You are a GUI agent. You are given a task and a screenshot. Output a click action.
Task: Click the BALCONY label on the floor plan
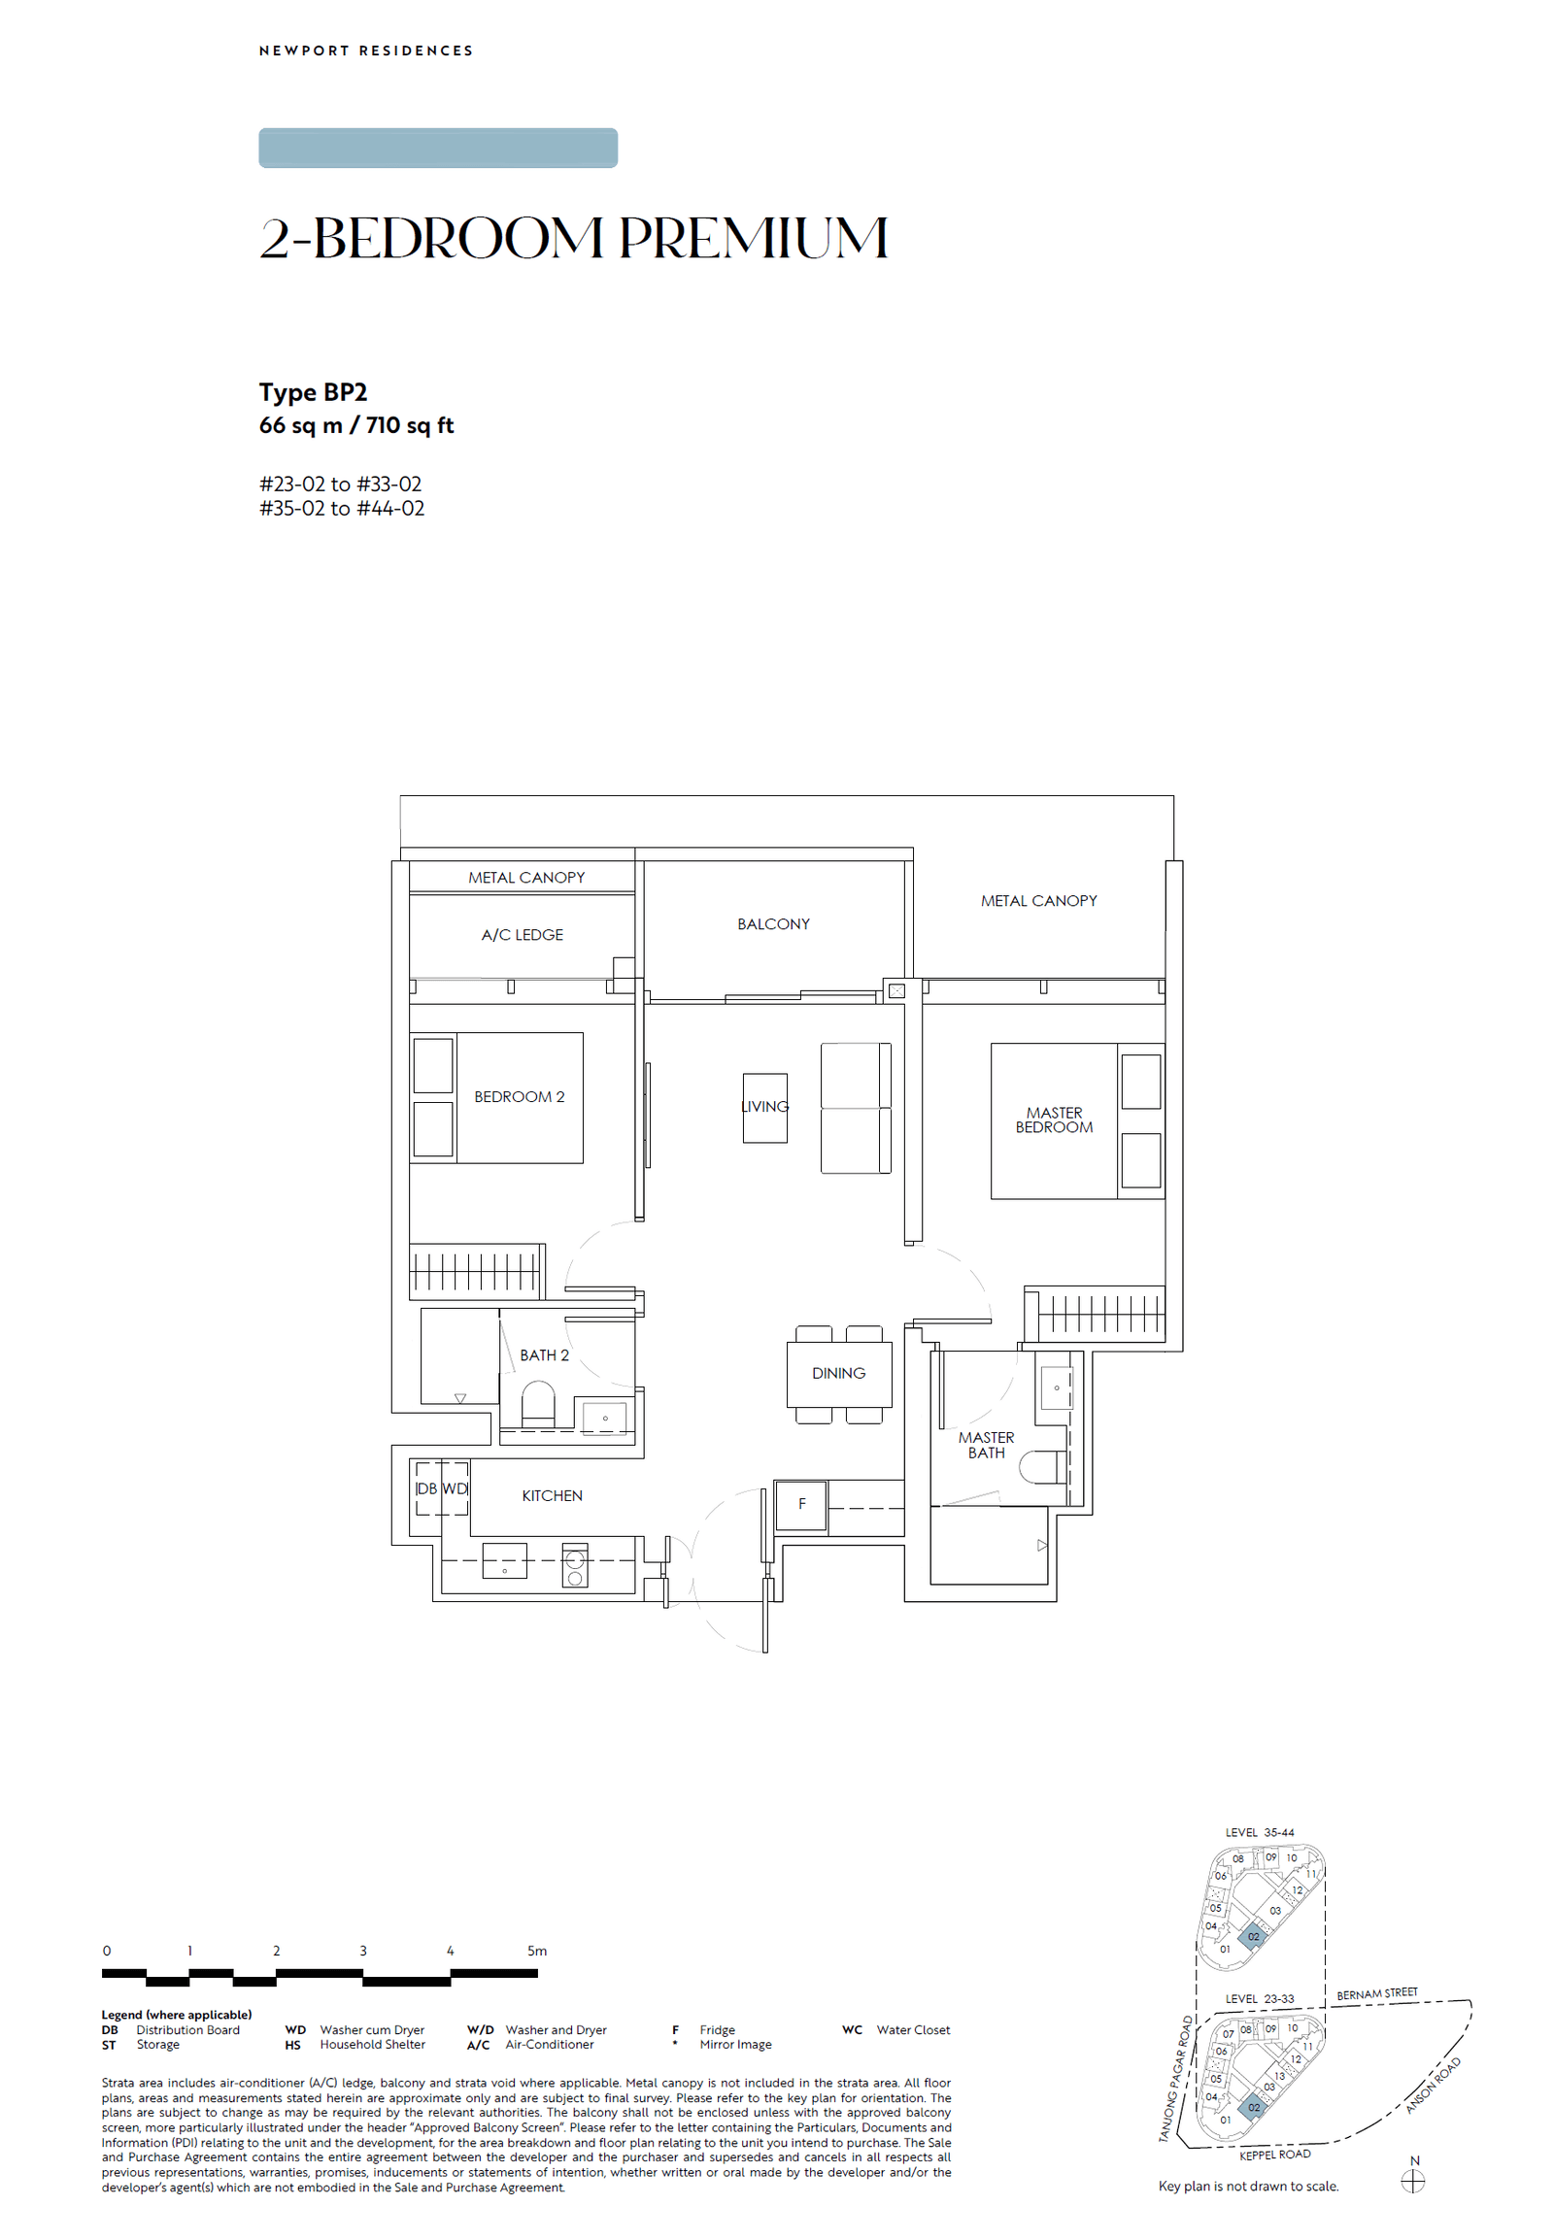(x=773, y=923)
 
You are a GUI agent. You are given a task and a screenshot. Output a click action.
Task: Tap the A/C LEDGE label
(x=522, y=935)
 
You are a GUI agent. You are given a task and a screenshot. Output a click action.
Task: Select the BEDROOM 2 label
(x=519, y=1096)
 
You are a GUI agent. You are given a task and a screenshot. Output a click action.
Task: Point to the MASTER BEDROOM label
(x=1054, y=1119)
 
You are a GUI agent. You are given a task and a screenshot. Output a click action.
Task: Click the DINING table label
(x=838, y=1373)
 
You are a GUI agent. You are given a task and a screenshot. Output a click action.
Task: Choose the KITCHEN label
(x=552, y=1495)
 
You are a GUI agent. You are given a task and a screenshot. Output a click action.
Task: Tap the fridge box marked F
(x=801, y=1504)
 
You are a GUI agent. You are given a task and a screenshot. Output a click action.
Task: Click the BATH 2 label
(x=544, y=1355)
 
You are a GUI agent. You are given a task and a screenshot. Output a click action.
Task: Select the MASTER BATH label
(x=986, y=1445)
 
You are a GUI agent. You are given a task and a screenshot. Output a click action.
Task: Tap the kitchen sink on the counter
(x=504, y=1560)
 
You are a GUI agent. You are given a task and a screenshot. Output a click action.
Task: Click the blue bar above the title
(x=438, y=148)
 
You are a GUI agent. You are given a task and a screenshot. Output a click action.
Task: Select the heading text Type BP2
(x=313, y=392)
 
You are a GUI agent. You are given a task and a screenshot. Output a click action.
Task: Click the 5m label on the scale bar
(x=536, y=1951)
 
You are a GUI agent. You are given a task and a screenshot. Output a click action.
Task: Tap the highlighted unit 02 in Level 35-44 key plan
(x=1253, y=1936)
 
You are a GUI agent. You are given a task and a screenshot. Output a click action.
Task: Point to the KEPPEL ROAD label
(x=1274, y=2155)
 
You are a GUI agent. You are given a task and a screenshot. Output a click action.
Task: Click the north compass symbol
(x=1413, y=2182)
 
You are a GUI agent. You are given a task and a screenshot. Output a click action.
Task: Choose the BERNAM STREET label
(x=1377, y=1993)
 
